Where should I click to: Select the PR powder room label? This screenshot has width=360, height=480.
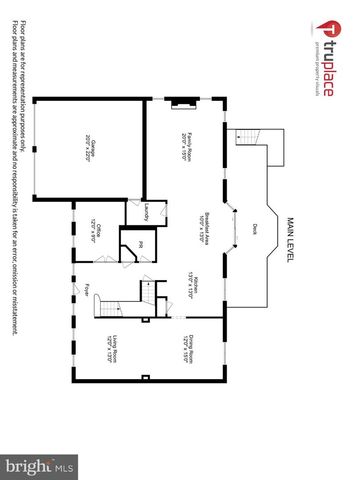pos(141,244)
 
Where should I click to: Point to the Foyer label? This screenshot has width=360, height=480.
pos(89,291)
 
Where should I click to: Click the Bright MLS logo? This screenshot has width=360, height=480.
pos(40,466)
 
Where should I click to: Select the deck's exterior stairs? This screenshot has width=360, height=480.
pos(247,141)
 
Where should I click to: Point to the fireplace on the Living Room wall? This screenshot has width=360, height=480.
pos(146,377)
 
